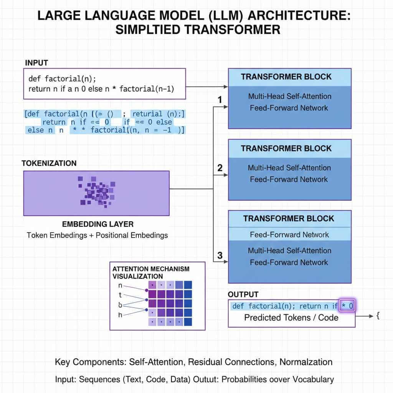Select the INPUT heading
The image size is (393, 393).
[x=36, y=63]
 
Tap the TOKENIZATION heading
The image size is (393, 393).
[x=49, y=163]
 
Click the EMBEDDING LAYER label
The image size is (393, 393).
[x=97, y=224]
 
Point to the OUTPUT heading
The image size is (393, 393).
[x=243, y=294]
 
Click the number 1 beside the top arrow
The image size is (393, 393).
[x=220, y=100]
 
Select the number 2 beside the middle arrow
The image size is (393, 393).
[x=220, y=168]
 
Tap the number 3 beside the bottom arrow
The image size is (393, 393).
[x=220, y=255]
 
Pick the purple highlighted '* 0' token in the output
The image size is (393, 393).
[x=347, y=306]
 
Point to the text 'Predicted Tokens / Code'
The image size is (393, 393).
[x=291, y=317]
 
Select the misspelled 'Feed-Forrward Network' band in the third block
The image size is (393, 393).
[x=289, y=234]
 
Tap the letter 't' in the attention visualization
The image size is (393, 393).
[x=120, y=296]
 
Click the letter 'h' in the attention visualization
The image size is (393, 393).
[x=120, y=315]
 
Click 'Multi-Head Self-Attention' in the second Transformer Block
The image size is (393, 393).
[x=289, y=168]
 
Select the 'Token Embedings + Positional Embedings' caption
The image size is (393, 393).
[x=97, y=235]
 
